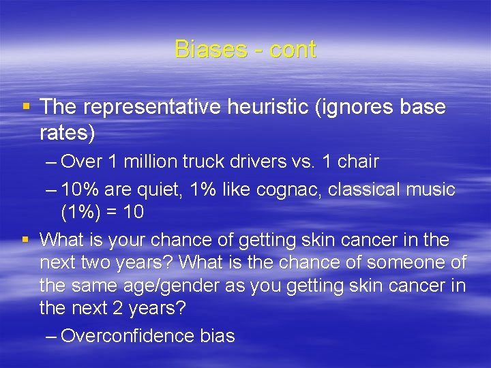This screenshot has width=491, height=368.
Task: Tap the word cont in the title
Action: [293, 49]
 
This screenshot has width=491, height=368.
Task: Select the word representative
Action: [144, 107]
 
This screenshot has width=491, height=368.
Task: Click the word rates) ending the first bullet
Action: [68, 133]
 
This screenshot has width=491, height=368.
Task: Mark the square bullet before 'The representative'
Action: [26, 107]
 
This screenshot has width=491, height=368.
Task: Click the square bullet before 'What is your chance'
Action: [26, 240]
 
